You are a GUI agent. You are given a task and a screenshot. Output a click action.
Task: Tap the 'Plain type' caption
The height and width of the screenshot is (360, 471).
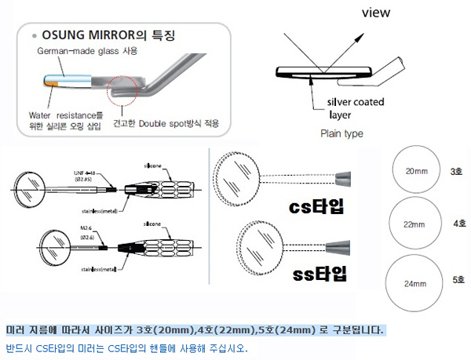coord(342,133)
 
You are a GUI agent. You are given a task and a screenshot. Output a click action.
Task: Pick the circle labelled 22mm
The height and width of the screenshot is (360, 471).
coord(414,224)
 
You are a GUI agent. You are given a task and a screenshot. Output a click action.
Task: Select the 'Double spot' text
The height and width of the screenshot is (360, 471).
coord(172,124)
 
